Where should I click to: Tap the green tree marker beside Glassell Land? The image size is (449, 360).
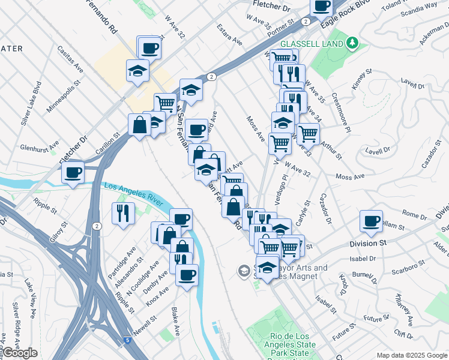(x=354, y=43)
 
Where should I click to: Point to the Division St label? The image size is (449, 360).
(x=368, y=244)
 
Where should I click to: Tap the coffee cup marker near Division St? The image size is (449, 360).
(x=372, y=221)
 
